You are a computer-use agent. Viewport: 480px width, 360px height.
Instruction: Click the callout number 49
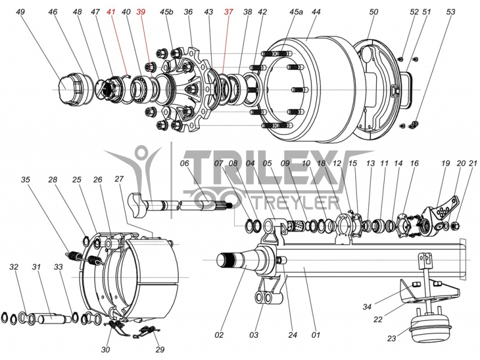21,12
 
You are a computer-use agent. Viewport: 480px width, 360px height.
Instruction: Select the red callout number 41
110,12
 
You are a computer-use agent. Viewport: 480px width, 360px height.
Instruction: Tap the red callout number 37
229,12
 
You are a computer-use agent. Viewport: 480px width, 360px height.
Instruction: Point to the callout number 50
374,12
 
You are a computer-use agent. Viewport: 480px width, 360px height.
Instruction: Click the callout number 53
451,12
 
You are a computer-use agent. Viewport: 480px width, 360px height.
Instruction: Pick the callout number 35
25,179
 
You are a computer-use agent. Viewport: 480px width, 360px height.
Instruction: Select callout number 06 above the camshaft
184,163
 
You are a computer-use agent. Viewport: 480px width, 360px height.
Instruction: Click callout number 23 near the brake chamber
391,338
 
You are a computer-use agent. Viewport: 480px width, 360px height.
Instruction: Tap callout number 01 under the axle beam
316,334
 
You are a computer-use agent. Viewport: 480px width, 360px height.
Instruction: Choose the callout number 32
14,266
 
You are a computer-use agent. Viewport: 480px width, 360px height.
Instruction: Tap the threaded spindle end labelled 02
230,260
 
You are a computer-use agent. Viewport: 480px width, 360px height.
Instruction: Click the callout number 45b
166,12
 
